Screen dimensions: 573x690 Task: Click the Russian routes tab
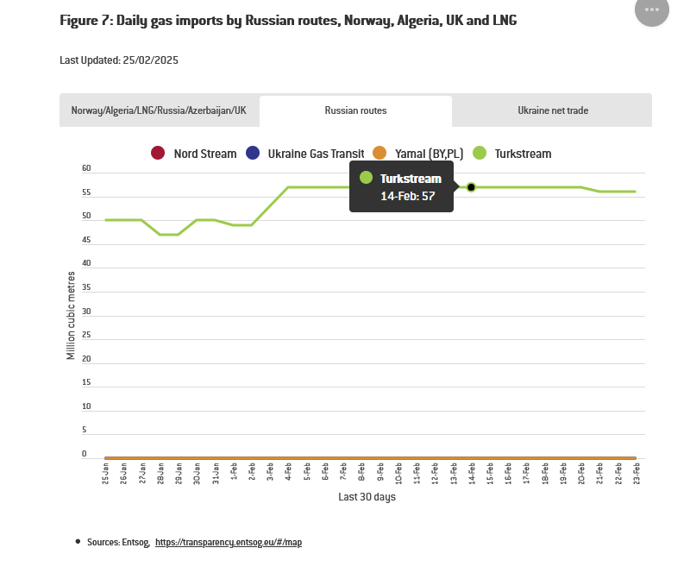[x=355, y=110]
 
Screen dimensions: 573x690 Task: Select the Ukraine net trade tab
[x=553, y=110]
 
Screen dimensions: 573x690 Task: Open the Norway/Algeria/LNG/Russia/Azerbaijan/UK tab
[x=159, y=110]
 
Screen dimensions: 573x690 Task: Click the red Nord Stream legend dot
[x=157, y=154]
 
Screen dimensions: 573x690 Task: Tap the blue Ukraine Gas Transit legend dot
[x=252, y=154]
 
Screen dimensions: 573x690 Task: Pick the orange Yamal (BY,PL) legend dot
[x=379, y=154]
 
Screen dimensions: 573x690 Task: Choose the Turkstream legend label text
[x=523, y=154]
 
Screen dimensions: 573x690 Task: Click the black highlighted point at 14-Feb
[x=471, y=187]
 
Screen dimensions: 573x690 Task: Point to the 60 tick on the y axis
[x=86, y=169]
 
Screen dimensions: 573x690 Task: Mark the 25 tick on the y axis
[x=86, y=335]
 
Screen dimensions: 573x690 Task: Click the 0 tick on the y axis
[x=85, y=454]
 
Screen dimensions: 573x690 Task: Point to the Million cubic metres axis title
[x=71, y=314]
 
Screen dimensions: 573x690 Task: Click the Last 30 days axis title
[x=367, y=497]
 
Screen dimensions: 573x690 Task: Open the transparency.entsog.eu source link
[x=229, y=543]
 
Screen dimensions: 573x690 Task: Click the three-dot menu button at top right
[x=651, y=9]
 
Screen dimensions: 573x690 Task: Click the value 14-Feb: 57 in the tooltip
[x=408, y=196]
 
